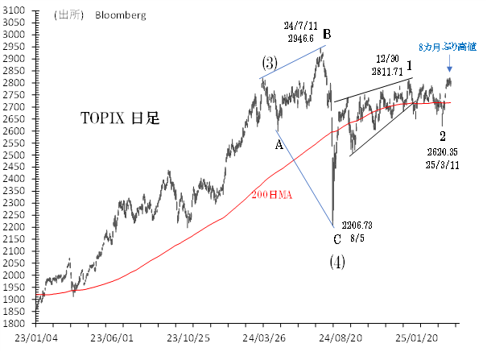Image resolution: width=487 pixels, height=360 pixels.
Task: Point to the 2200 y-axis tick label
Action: (x=15, y=227)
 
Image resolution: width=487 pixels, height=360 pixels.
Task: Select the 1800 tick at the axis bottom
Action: (x=15, y=324)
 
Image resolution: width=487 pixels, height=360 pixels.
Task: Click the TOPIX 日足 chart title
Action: (x=118, y=118)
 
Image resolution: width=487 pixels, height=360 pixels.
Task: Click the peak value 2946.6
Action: (x=299, y=38)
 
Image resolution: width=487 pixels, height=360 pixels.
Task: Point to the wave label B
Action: (x=328, y=35)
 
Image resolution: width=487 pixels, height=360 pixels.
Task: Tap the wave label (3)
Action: (x=269, y=63)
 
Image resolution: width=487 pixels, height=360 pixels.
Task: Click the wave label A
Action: (x=279, y=144)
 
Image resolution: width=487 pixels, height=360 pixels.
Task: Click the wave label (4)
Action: (x=338, y=262)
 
